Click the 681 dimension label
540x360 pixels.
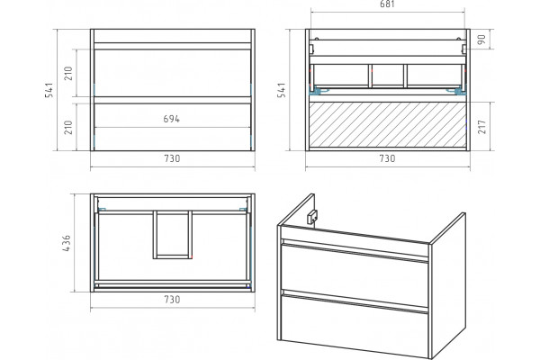point(387,4)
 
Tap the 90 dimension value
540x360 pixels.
point(481,39)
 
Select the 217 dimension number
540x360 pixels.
point(481,126)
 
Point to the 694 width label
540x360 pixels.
point(172,119)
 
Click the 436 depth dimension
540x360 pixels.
point(67,242)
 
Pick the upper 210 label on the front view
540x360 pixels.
point(68,73)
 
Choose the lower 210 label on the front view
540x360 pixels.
point(68,127)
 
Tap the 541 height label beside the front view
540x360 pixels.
point(49,90)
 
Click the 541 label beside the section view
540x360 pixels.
point(282,90)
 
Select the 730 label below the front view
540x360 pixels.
point(172,158)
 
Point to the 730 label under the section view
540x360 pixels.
point(387,158)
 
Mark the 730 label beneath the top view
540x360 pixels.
point(172,300)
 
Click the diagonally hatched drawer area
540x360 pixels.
point(388,124)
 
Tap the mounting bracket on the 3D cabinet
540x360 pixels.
point(311,218)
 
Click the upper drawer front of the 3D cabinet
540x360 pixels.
point(355,272)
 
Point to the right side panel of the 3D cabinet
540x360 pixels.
point(447,285)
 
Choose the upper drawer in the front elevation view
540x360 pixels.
point(172,73)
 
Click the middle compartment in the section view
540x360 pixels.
point(388,75)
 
